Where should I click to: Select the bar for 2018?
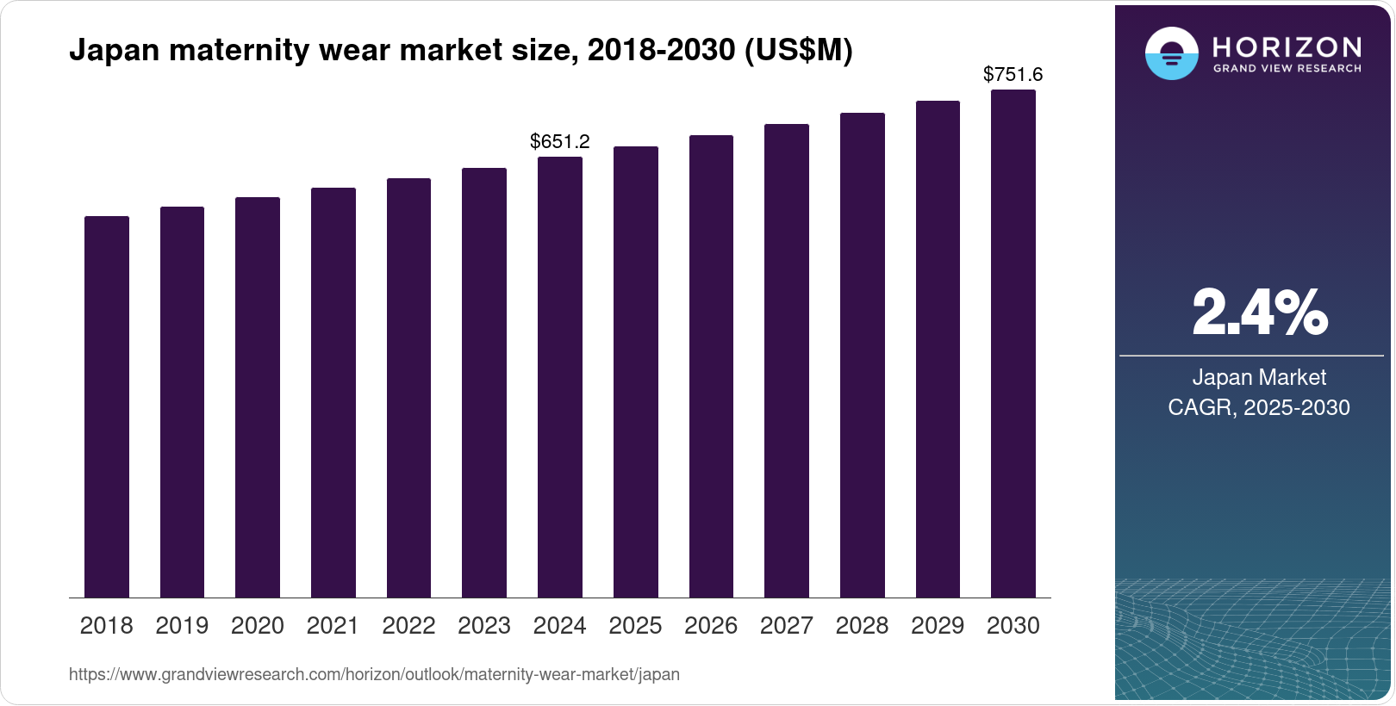(x=107, y=406)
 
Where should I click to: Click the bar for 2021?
(x=333, y=393)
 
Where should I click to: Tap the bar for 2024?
(x=560, y=377)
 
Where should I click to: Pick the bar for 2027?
(x=787, y=361)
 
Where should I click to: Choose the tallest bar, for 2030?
(x=1013, y=344)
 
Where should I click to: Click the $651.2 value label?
(x=560, y=141)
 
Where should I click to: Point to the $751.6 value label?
(x=1013, y=75)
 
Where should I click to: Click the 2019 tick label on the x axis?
(x=182, y=626)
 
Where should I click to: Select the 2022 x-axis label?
(x=408, y=626)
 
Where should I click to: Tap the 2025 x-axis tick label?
(x=635, y=626)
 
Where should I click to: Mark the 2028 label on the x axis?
(x=862, y=626)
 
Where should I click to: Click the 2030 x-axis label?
(x=1013, y=626)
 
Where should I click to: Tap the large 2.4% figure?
(x=1259, y=313)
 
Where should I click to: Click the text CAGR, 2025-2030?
(x=1259, y=407)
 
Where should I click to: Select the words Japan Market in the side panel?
(x=1259, y=377)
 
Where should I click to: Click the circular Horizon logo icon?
(x=1171, y=53)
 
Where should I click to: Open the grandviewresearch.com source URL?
(x=374, y=674)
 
